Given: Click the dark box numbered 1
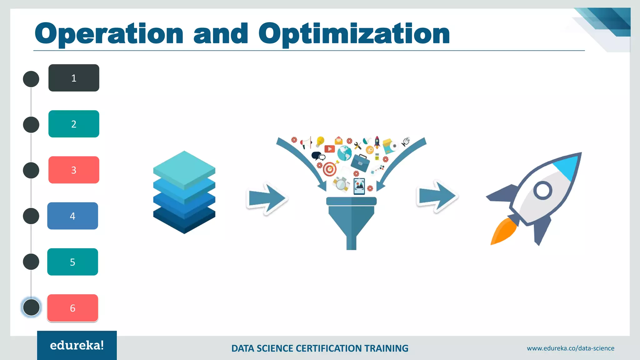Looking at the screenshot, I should coord(74,78).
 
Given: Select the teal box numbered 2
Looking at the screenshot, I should coord(74,124).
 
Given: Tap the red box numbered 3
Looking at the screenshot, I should coord(74,170).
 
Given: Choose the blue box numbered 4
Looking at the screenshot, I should coord(72,216).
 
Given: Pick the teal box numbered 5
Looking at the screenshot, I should coord(72,262).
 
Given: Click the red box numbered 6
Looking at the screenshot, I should coord(72,308).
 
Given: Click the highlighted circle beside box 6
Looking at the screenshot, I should coord(31,307).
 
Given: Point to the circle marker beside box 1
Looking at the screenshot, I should coord(31,79).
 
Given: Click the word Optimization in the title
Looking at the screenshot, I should coord(354,34).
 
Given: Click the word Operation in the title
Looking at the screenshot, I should coord(109,34).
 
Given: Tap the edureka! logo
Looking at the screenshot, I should coord(77,345).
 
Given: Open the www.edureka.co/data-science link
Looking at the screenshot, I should coord(570,348).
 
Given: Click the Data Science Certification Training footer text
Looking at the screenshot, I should coord(320,348).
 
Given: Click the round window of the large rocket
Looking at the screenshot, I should coord(543,190).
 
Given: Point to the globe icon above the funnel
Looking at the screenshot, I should coord(344,153).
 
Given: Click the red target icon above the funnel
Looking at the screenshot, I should coord(329,169).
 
